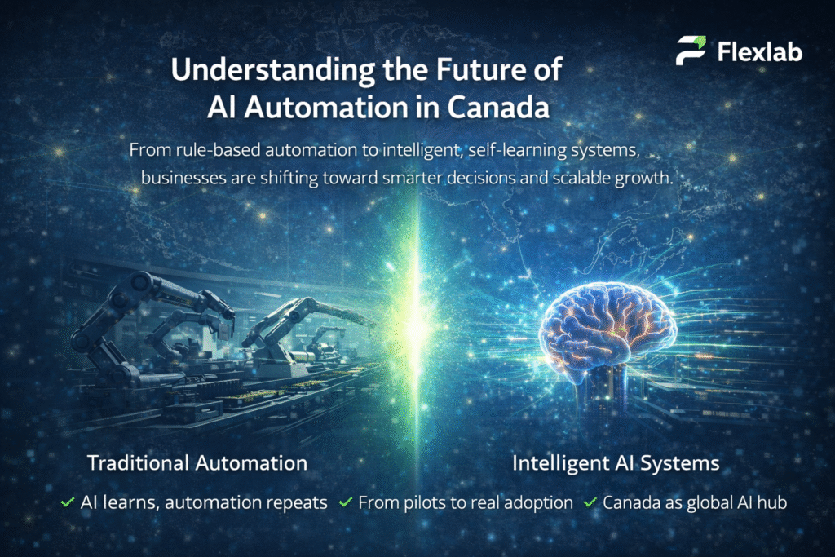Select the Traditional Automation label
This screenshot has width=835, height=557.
(197, 463)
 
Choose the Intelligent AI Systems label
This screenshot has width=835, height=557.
(616, 463)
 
